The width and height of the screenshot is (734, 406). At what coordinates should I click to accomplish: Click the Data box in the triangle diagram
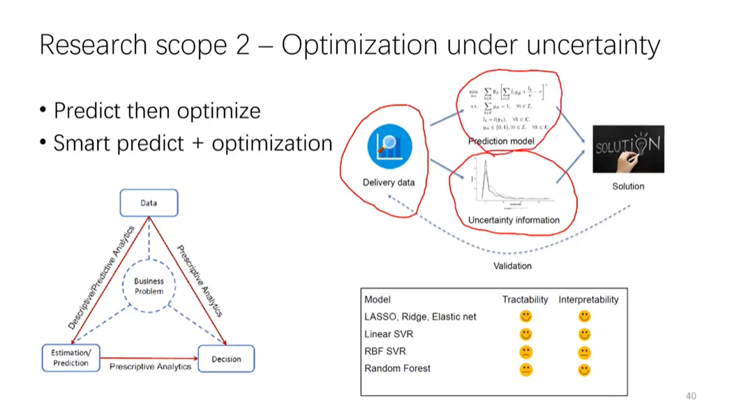[149, 204]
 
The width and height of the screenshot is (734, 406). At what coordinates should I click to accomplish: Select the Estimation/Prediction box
[70, 358]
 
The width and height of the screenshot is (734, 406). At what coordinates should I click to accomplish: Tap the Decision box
[226, 359]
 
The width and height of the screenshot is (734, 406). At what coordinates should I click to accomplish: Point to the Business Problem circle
[149, 286]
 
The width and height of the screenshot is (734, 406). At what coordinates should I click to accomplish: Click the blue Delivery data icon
[389, 147]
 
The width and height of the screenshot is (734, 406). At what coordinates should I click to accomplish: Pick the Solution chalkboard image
[628, 149]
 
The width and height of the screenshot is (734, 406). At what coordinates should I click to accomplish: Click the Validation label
[512, 266]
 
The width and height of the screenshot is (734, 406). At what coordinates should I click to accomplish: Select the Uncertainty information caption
[514, 220]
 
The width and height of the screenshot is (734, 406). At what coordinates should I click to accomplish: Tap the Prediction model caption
[501, 142]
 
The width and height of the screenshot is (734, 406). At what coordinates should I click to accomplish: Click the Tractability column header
[525, 299]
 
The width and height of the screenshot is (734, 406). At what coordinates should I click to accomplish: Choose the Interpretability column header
[588, 299]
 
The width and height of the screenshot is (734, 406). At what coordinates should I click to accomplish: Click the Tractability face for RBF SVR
[526, 352]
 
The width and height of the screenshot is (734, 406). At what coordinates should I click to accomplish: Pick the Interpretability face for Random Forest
[585, 369]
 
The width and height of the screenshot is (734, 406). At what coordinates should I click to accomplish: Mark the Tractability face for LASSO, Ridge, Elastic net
[526, 317]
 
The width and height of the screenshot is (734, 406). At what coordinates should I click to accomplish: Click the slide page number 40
[691, 395]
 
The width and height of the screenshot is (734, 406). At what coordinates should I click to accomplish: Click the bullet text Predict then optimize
[157, 111]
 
